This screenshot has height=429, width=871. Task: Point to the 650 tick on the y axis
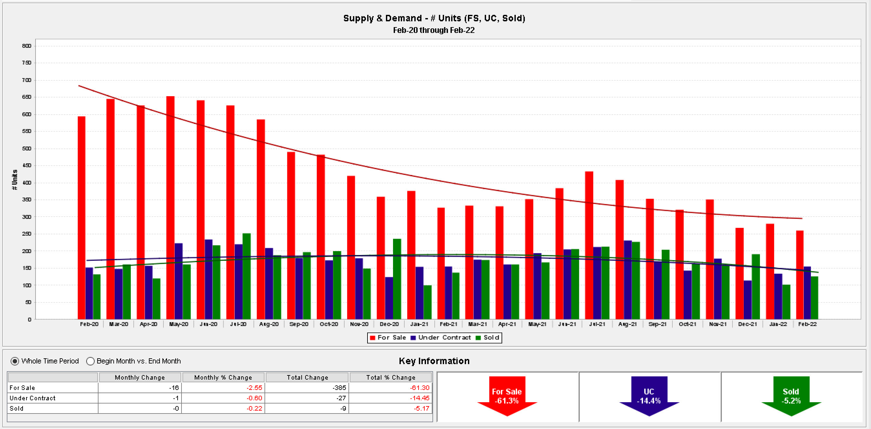pyautogui.click(x=26, y=97)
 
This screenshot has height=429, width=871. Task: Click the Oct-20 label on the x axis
pyautogui.click(x=329, y=324)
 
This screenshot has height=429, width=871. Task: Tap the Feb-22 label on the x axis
pyautogui.click(x=807, y=324)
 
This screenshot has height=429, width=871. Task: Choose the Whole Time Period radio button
pyautogui.click(x=15, y=361)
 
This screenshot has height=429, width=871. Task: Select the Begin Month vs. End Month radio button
pyautogui.click(x=90, y=361)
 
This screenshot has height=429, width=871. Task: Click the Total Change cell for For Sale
pyautogui.click(x=307, y=388)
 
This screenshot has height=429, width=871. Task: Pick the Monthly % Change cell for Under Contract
pyautogui.click(x=223, y=398)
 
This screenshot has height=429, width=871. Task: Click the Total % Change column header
pyautogui.click(x=390, y=377)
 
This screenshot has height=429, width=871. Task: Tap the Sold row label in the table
pyautogui.click(x=16, y=408)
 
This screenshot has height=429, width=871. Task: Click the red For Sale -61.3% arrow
pyautogui.click(x=507, y=396)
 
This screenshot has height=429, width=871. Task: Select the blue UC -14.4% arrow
pyautogui.click(x=649, y=396)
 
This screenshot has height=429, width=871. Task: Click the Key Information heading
pyautogui.click(x=434, y=361)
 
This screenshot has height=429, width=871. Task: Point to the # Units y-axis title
pyautogui.click(x=15, y=179)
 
